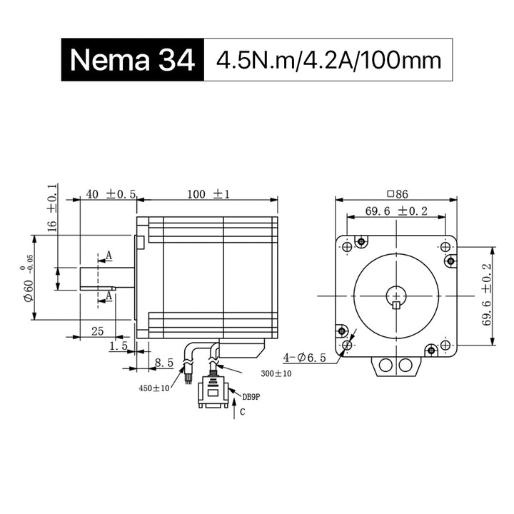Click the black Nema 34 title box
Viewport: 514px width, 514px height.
(x=133, y=60)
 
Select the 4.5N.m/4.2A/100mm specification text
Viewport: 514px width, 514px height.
(x=328, y=60)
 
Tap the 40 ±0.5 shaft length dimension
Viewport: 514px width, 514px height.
(x=111, y=194)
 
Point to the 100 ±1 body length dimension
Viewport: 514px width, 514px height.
(x=208, y=194)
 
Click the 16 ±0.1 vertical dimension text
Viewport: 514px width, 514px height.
(x=52, y=208)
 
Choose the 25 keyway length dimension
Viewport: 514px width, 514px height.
(x=97, y=331)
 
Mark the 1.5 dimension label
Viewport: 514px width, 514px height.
(x=119, y=346)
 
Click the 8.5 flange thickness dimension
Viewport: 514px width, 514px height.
(x=164, y=363)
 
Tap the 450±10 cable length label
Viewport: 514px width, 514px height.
(x=154, y=388)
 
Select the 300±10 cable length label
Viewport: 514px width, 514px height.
(x=276, y=373)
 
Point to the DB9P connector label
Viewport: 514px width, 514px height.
(x=251, y=397)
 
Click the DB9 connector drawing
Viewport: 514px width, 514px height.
(x=213, y=392)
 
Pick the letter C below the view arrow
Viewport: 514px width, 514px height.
(x=243, y=412)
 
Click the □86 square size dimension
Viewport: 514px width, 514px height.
(x=398, y=194)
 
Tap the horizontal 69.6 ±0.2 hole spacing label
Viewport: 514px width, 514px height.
(x=396, y=211)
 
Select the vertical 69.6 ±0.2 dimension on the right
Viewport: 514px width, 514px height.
(x=487, y=294)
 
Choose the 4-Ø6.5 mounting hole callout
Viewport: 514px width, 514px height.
(x=305, y=358)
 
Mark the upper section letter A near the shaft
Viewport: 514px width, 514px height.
(x=109, y=256)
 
